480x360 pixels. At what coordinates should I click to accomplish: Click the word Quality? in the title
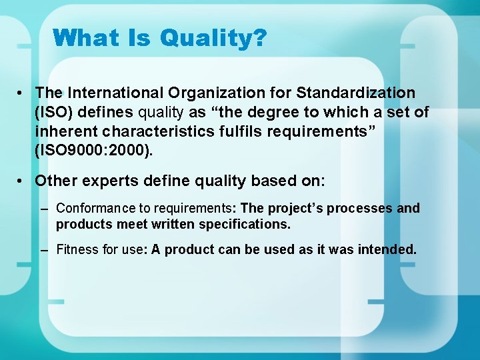point(213,38)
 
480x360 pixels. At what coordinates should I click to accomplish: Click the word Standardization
point(356,93)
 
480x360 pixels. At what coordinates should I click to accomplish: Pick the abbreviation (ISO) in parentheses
point(53,113)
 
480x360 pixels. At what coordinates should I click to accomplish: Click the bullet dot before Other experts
point(22,181)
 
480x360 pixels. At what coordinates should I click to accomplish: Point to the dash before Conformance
point(44,209)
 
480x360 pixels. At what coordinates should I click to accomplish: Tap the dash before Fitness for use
point(44,250)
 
